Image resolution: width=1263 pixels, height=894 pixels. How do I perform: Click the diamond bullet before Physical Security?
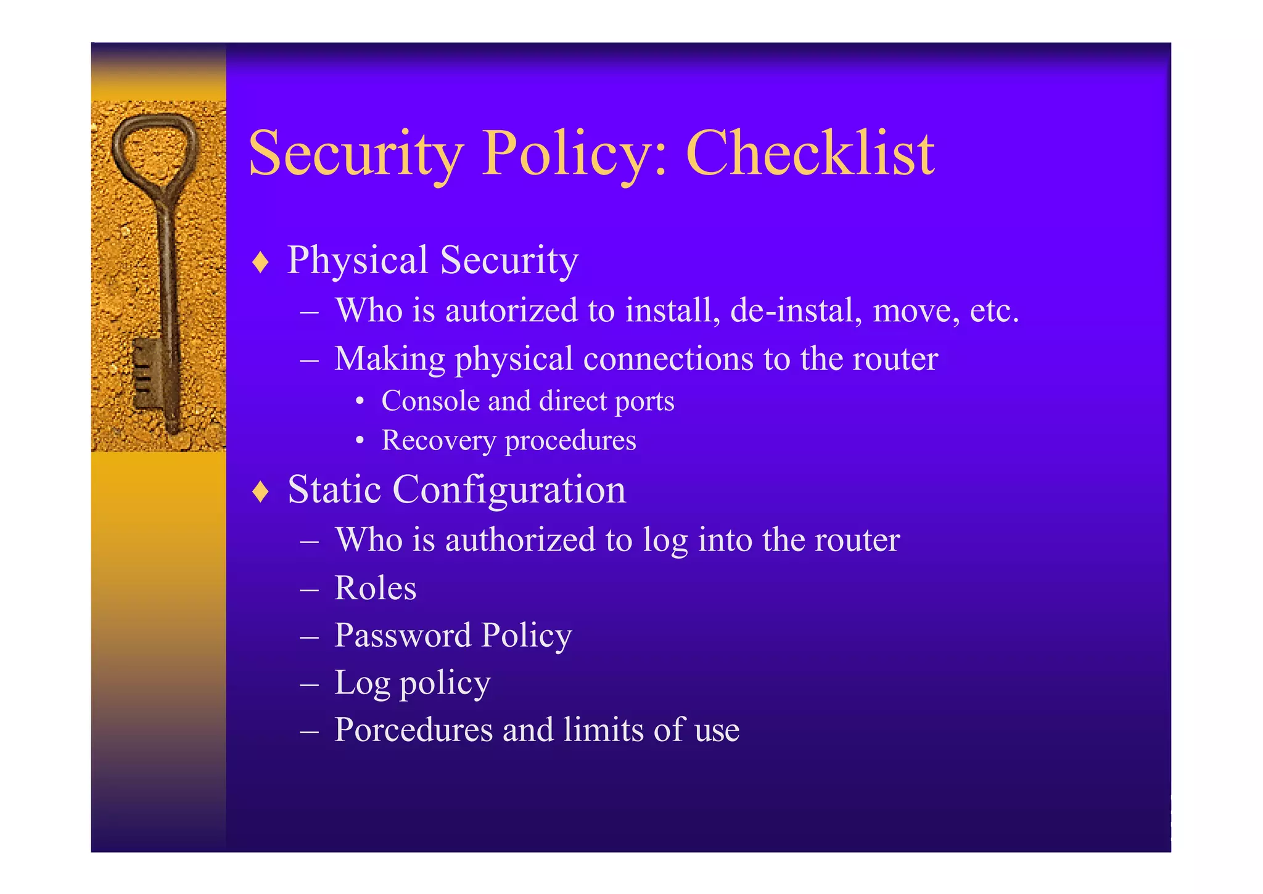261,262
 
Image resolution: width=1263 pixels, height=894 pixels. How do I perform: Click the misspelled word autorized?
511,310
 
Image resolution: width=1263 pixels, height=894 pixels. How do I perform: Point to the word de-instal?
796,310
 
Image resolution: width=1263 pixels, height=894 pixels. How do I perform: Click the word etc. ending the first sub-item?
994,310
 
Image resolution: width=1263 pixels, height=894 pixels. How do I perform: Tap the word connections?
668,359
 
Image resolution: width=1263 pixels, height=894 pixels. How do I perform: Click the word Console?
430,401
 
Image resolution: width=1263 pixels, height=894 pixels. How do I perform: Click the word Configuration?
509,491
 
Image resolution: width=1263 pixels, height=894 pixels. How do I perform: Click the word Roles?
375,588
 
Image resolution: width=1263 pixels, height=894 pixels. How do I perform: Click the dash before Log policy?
309,684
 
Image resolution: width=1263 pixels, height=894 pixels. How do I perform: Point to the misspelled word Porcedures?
413,730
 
